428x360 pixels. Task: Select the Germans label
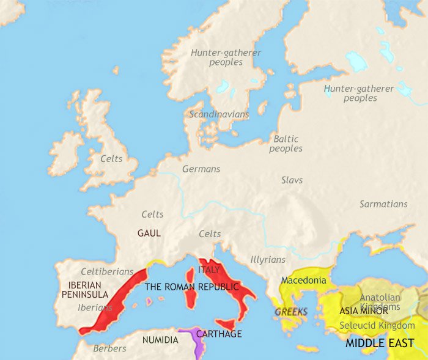tap(201, 169)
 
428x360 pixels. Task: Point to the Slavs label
tap(292, 180)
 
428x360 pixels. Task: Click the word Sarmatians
tap(383, 204)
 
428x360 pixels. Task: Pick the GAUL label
tap(150, 233)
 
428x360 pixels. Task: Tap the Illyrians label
tap(267, 259)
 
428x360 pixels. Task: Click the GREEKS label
tap(291, 312)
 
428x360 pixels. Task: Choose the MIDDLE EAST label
tap(380, 343)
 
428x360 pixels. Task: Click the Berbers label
tap(110, 348)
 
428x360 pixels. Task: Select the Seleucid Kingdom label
tap(386, 326)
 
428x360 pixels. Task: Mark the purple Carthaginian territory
tap(197, 342)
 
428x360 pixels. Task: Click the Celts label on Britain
tap(111, 159)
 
